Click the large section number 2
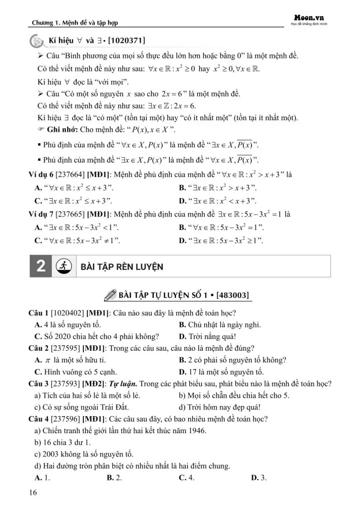pyautogui.click(x=41, y=266)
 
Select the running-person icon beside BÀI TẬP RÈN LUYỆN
pyautogui.click(x=63, y=266)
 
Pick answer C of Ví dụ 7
pyautogui.click(x=77, y=241)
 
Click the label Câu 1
pyautogui.click(x=39, y=313)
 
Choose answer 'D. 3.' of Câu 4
pyautogui.click(x=259, y=478)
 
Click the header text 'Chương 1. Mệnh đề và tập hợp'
pyautogui.click(x=75, y=22)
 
